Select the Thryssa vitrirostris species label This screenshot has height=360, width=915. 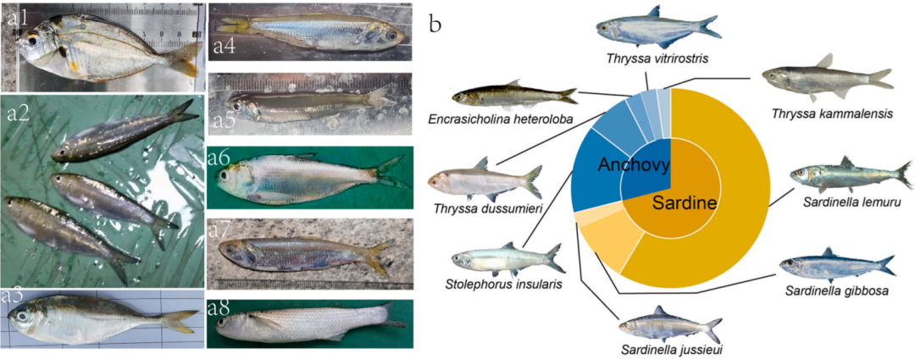pos(657,58)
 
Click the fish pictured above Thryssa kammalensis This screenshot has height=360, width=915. pos(827,78)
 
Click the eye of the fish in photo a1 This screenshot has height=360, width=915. pos(32,41)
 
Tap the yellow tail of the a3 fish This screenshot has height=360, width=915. pos(180,321)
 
